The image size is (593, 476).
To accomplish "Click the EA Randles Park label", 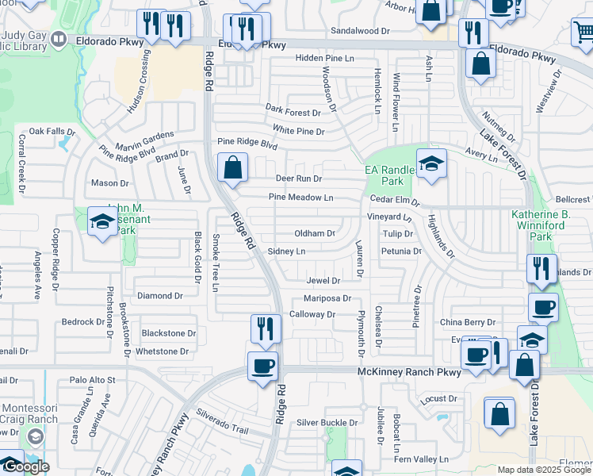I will coord(389,175).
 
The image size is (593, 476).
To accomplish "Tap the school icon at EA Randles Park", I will coord(431,165).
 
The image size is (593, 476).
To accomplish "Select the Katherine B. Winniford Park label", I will coord(552,225).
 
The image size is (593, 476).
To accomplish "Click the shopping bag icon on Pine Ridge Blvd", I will coord(233,168).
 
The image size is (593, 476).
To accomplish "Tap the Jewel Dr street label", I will coord(323,281).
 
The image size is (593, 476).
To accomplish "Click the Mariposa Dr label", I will coord(327,298).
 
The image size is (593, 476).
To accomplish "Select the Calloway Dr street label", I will coord(312,315).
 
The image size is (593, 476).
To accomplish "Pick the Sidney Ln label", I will coord(286,251).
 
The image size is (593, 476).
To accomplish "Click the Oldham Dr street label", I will coord(315,234).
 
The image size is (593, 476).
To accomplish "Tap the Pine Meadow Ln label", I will coord(300,198).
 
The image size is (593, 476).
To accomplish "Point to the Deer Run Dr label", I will coord(298,179).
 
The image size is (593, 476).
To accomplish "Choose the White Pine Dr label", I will coord(299,131).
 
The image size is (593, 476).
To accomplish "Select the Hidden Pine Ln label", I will coord(324,59).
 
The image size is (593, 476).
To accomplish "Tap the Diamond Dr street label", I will coord(160,296).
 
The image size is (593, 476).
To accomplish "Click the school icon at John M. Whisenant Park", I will coord(102,223).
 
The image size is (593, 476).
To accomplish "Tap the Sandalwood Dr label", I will coord(360,30).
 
